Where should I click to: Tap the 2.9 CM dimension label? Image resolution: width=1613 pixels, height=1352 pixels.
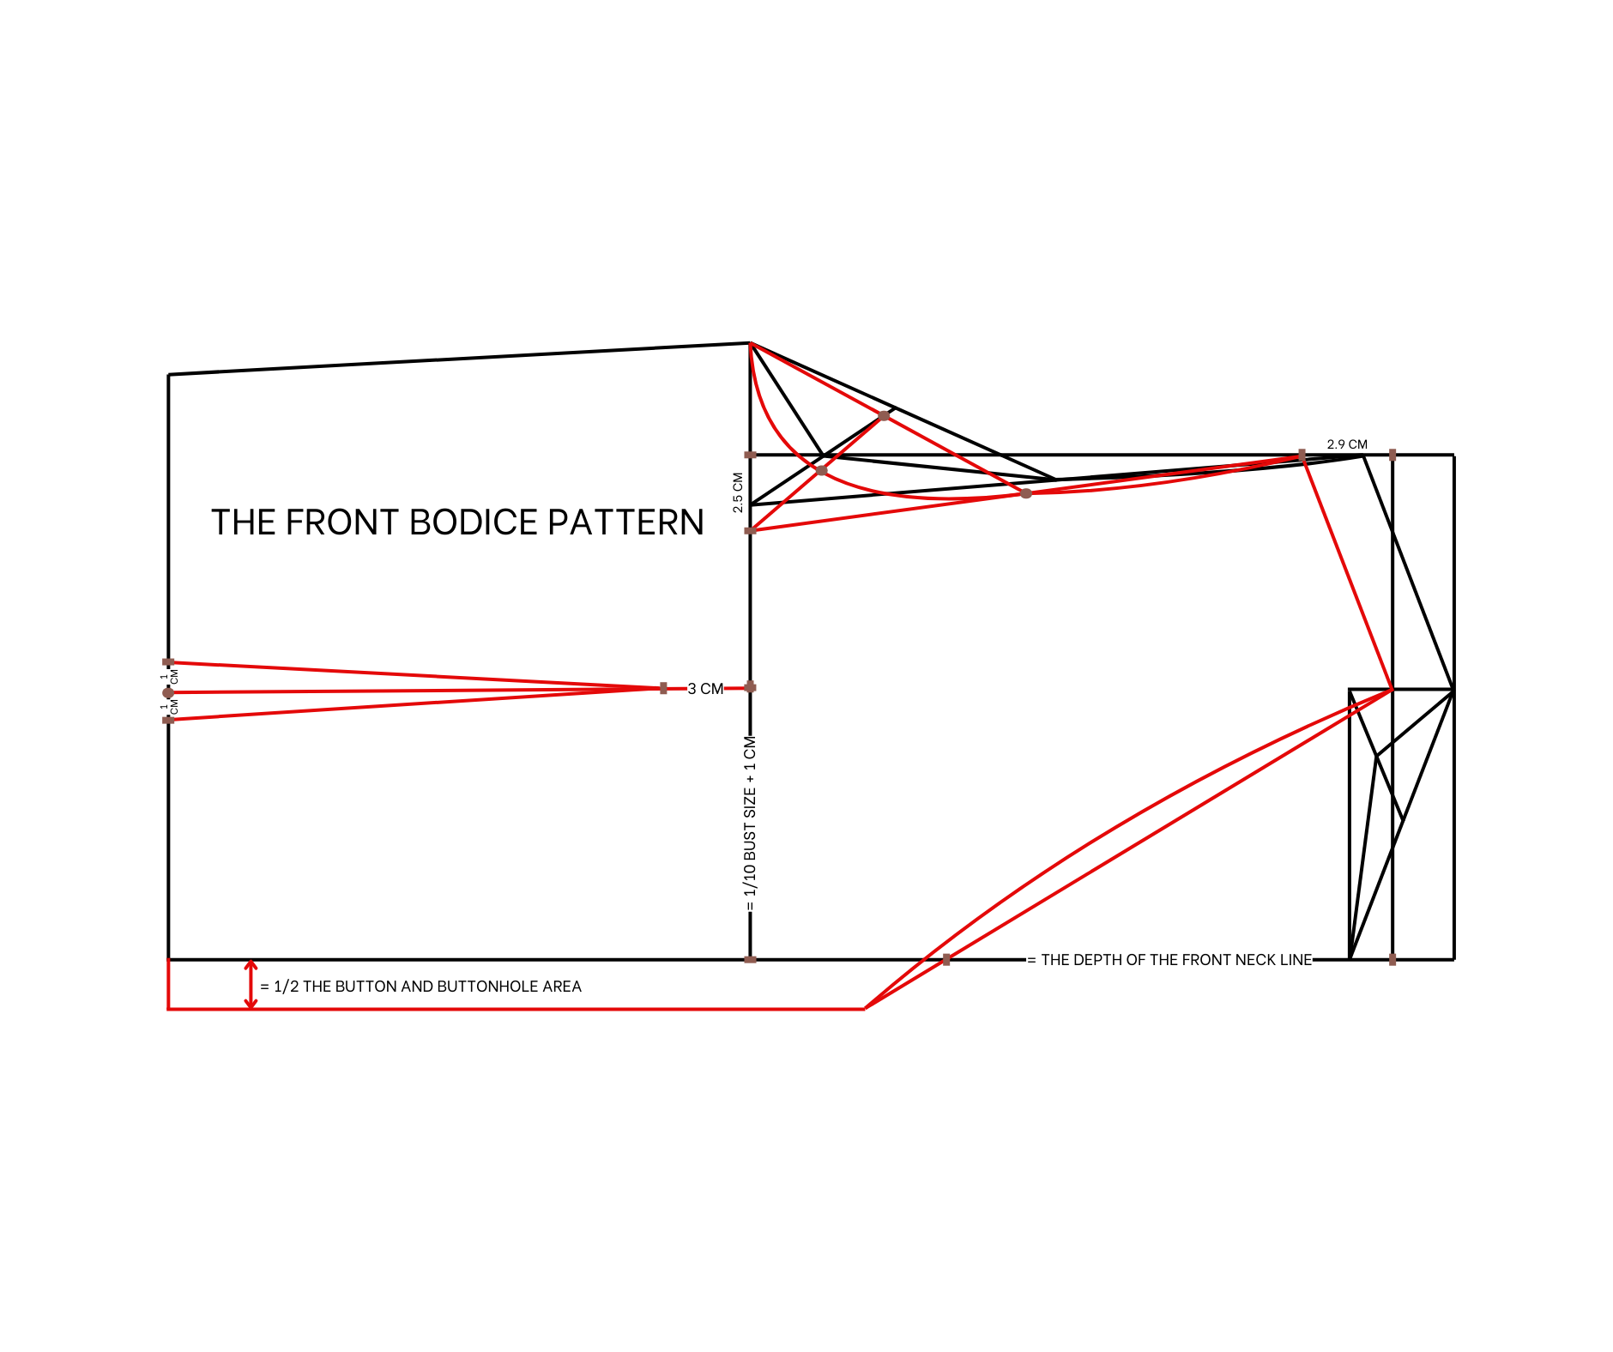pos(1347,444)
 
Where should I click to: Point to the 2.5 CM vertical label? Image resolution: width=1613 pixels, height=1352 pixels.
pos(738,493)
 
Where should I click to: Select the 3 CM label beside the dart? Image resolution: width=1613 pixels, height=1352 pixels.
pos(705,689)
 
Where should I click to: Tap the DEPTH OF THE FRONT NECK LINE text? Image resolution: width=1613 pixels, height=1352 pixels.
pos(1175,960)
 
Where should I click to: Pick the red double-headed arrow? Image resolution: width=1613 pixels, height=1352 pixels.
pos(251,985)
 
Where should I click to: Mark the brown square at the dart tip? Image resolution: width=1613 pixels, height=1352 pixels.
pos(663,688)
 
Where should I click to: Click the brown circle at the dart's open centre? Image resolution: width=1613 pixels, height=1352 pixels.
pos(168,692)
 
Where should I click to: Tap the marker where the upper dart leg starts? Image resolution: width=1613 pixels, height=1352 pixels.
pos(168,662)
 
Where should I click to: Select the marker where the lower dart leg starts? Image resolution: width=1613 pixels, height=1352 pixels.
pos(168,720)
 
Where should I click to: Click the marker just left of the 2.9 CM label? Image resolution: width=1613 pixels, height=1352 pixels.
pos(1302,454)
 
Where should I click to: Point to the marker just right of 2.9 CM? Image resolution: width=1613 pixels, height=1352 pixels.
pos(1392,455)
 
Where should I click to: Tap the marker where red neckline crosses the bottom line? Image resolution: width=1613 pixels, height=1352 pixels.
pos(946,959)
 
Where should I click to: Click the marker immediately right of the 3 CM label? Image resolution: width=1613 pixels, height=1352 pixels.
pos(750,687)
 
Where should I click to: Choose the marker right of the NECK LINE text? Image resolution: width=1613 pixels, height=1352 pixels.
pos(1392,959)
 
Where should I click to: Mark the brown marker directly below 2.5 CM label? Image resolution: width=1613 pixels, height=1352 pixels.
pos(750,531)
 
